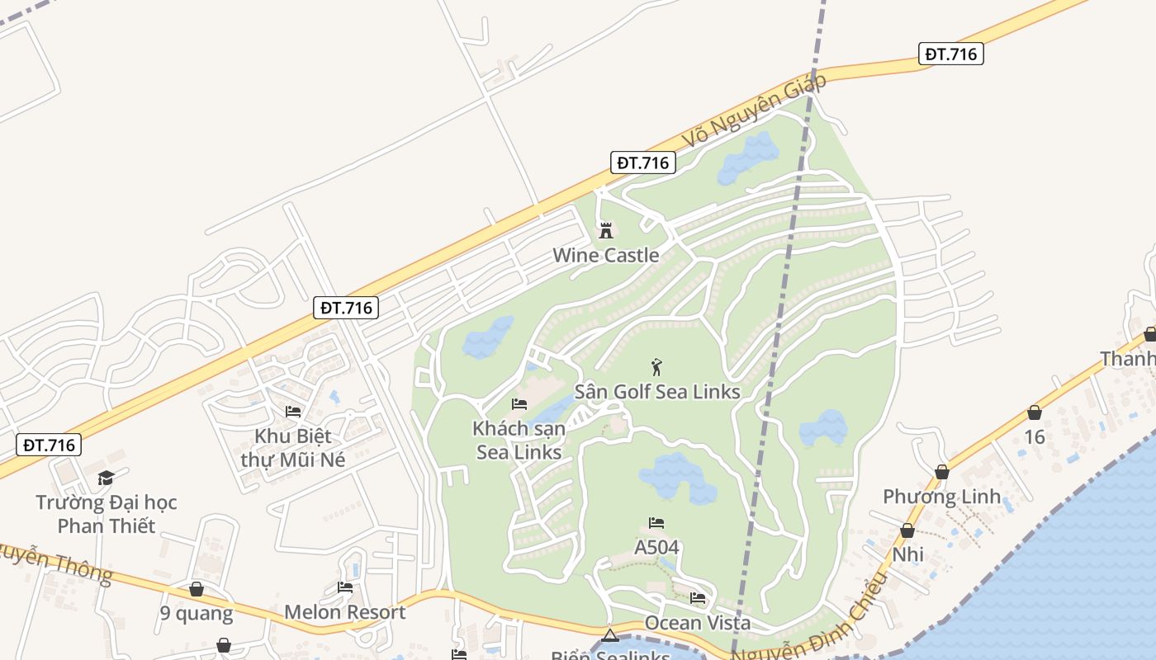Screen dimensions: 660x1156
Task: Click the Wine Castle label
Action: coord(606,255)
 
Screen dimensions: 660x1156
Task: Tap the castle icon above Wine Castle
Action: coord(606,230)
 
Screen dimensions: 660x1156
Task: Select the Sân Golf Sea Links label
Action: coord(657,391)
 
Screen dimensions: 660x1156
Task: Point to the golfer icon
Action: coord(656,367)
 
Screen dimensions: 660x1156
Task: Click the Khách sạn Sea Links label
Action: coord(519,441)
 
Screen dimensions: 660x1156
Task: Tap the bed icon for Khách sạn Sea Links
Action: coord(519,404)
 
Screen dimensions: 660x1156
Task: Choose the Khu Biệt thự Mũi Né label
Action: coord(292,447)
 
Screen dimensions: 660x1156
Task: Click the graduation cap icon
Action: coord(106,478)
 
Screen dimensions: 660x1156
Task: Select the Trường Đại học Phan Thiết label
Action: coord(107,514)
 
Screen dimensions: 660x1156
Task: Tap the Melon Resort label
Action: coord(344,612)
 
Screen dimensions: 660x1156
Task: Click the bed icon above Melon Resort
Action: coord(345,587)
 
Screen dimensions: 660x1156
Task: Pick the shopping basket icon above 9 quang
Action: coord(197,589)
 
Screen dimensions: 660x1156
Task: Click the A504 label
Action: coord(656,547)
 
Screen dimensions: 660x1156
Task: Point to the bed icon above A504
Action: coord(656,523)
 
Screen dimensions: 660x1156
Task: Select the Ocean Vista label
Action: coord(698,622)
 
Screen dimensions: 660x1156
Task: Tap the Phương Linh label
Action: coord(941,497)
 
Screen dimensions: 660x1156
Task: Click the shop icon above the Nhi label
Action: coord(907,530)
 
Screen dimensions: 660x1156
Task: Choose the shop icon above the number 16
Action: coord(1035,412)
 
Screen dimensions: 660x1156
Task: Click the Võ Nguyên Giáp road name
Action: coord(754,111)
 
